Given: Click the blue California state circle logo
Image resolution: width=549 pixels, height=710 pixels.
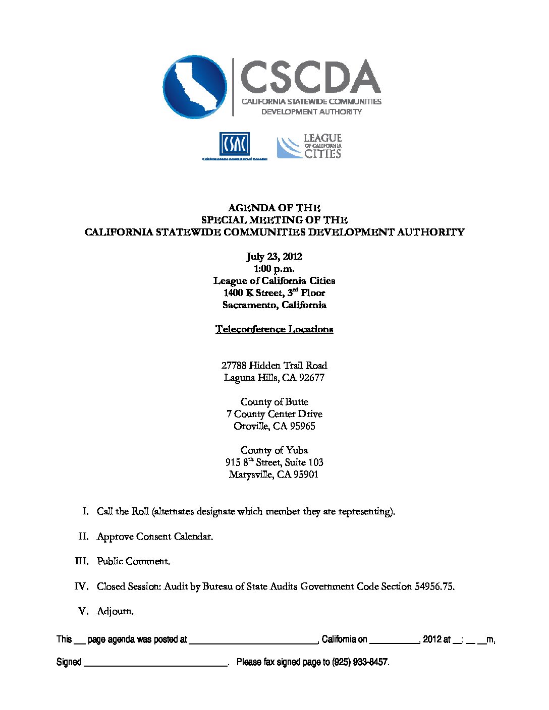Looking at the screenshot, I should point(195,87).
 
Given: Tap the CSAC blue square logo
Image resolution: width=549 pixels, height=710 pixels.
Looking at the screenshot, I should point(234,144).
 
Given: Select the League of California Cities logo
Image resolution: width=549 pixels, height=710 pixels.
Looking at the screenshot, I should point(309,146).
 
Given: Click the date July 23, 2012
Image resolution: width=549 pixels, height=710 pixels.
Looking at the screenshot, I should point(274,257).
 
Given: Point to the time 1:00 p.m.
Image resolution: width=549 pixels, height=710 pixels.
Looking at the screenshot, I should point(274,269).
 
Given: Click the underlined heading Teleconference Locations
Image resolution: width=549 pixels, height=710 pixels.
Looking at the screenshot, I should point(274,329).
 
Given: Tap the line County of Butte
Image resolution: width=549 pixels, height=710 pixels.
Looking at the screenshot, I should point(274,402).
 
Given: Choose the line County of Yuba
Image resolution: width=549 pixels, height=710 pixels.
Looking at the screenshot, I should point(274,450).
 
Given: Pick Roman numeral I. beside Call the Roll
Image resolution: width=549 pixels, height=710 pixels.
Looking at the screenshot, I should point(86,511).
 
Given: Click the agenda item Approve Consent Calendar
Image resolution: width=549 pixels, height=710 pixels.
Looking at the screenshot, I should point(154,537).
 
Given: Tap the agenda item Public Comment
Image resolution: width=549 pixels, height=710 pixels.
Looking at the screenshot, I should point(133,561).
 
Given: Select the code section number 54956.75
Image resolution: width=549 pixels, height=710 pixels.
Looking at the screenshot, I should point(434,586).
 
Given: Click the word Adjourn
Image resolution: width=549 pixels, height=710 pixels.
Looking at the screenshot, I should point(115,611).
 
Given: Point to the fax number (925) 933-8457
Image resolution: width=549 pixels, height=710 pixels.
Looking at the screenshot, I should point(360,662).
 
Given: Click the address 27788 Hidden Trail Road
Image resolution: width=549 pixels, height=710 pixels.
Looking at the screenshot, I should point(274,366).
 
